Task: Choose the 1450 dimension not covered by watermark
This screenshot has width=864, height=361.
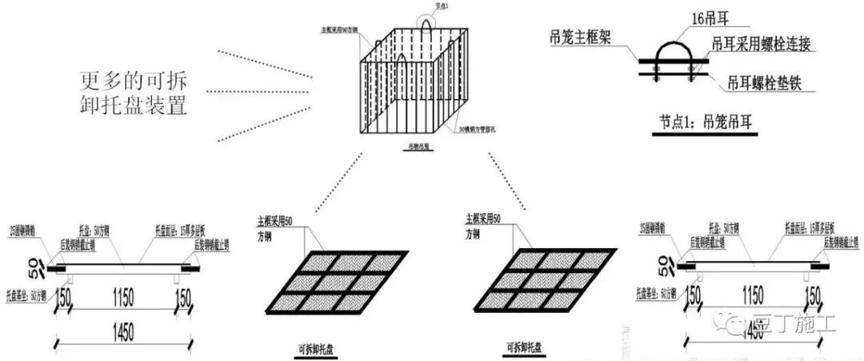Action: (x=122, y=331)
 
